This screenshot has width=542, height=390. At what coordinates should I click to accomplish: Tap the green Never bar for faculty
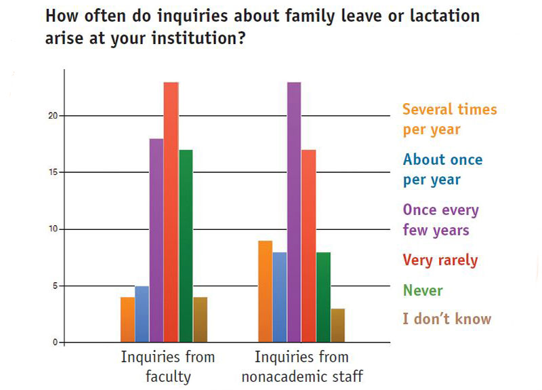coord(186,246)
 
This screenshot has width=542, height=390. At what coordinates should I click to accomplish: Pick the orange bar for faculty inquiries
coord(127,319)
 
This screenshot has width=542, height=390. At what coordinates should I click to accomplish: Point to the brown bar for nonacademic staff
coord(337,326)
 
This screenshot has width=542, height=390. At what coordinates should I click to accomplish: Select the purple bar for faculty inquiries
coord(156,241)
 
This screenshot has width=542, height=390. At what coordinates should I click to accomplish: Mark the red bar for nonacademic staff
coord(308,246)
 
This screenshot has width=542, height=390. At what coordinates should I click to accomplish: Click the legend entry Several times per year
coord(449,119)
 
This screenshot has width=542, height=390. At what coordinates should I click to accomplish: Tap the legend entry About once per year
coord(442,170)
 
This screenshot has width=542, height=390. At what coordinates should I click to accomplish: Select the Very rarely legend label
coord(440,260)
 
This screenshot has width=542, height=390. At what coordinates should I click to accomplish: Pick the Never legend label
coord(423,290)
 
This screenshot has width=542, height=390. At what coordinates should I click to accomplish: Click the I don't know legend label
coord(446,319)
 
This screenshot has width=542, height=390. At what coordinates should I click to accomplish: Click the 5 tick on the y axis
coord(59,286)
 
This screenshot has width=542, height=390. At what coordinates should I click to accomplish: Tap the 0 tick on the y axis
coord(59,343)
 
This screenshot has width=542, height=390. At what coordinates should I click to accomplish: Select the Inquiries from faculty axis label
coord(167,366)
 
